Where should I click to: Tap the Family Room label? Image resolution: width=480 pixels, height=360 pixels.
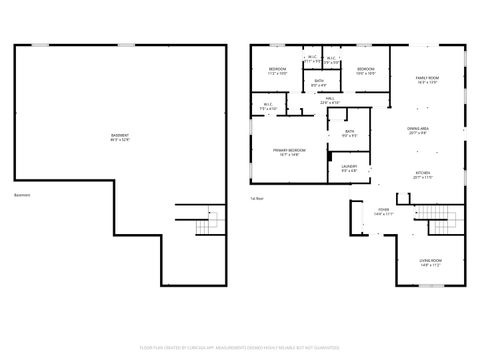click(427, 79)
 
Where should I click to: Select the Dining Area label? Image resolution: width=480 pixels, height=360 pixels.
click(419, 129)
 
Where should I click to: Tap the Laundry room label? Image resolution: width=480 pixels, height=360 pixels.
click(349, 167)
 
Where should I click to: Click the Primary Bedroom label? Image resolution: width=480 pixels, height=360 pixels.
click(290, 151)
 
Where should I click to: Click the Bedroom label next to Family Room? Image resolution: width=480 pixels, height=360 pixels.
click(365, 70)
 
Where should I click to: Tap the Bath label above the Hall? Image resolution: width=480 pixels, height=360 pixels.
click(319, 82)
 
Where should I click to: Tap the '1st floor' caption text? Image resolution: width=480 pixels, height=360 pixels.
click(257, 198)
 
